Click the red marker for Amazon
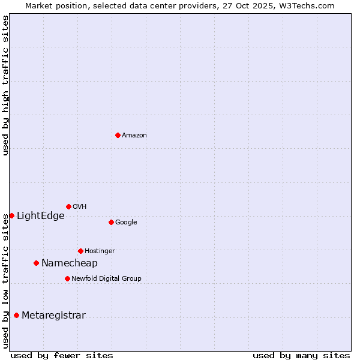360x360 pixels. click(118, 135)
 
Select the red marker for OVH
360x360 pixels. click(68, 206)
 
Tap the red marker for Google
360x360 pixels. click(111, 222)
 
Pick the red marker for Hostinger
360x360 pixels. click(80, 251)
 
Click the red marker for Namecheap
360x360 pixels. click(36, 263)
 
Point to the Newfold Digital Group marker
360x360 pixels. click(67, 278)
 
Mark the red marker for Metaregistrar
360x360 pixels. click(16, 315)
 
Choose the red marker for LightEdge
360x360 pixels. click(11, 215)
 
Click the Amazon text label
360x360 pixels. click(134, 136)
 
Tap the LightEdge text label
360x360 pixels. click(40, 216)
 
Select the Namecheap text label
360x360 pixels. click(69, 263)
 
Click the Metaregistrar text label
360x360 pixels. click(53, 316)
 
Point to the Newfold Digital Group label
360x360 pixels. click(106, 278)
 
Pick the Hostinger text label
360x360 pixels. click(100, 251)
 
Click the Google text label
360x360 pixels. click(126, 222)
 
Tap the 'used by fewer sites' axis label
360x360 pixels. click(62, 355)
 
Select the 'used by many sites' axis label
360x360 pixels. click(301, 355)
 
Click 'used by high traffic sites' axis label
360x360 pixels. click(5, 85)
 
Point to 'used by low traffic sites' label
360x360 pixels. click(5, 281)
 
